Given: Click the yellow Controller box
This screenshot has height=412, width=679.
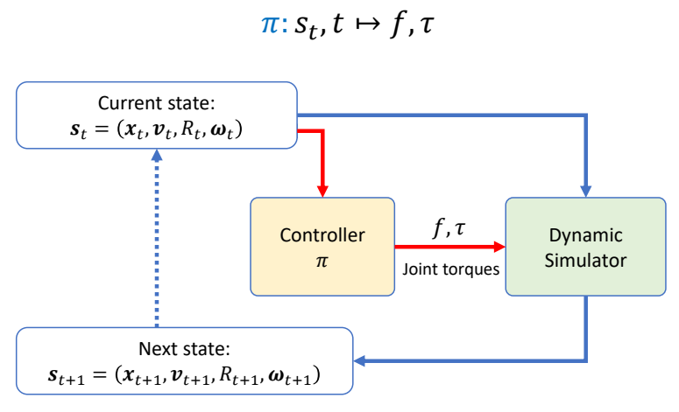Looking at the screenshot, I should [322, 247].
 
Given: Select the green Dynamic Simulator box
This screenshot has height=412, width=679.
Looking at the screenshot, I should [584, 247].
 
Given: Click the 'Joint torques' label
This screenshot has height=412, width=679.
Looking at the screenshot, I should [450, 269].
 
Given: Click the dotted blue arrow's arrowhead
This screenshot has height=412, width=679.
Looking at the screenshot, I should [157, 155].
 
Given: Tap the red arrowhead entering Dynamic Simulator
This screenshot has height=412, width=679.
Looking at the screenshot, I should [499, 247].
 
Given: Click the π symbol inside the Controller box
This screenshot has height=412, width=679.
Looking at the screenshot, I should [322, 262].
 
